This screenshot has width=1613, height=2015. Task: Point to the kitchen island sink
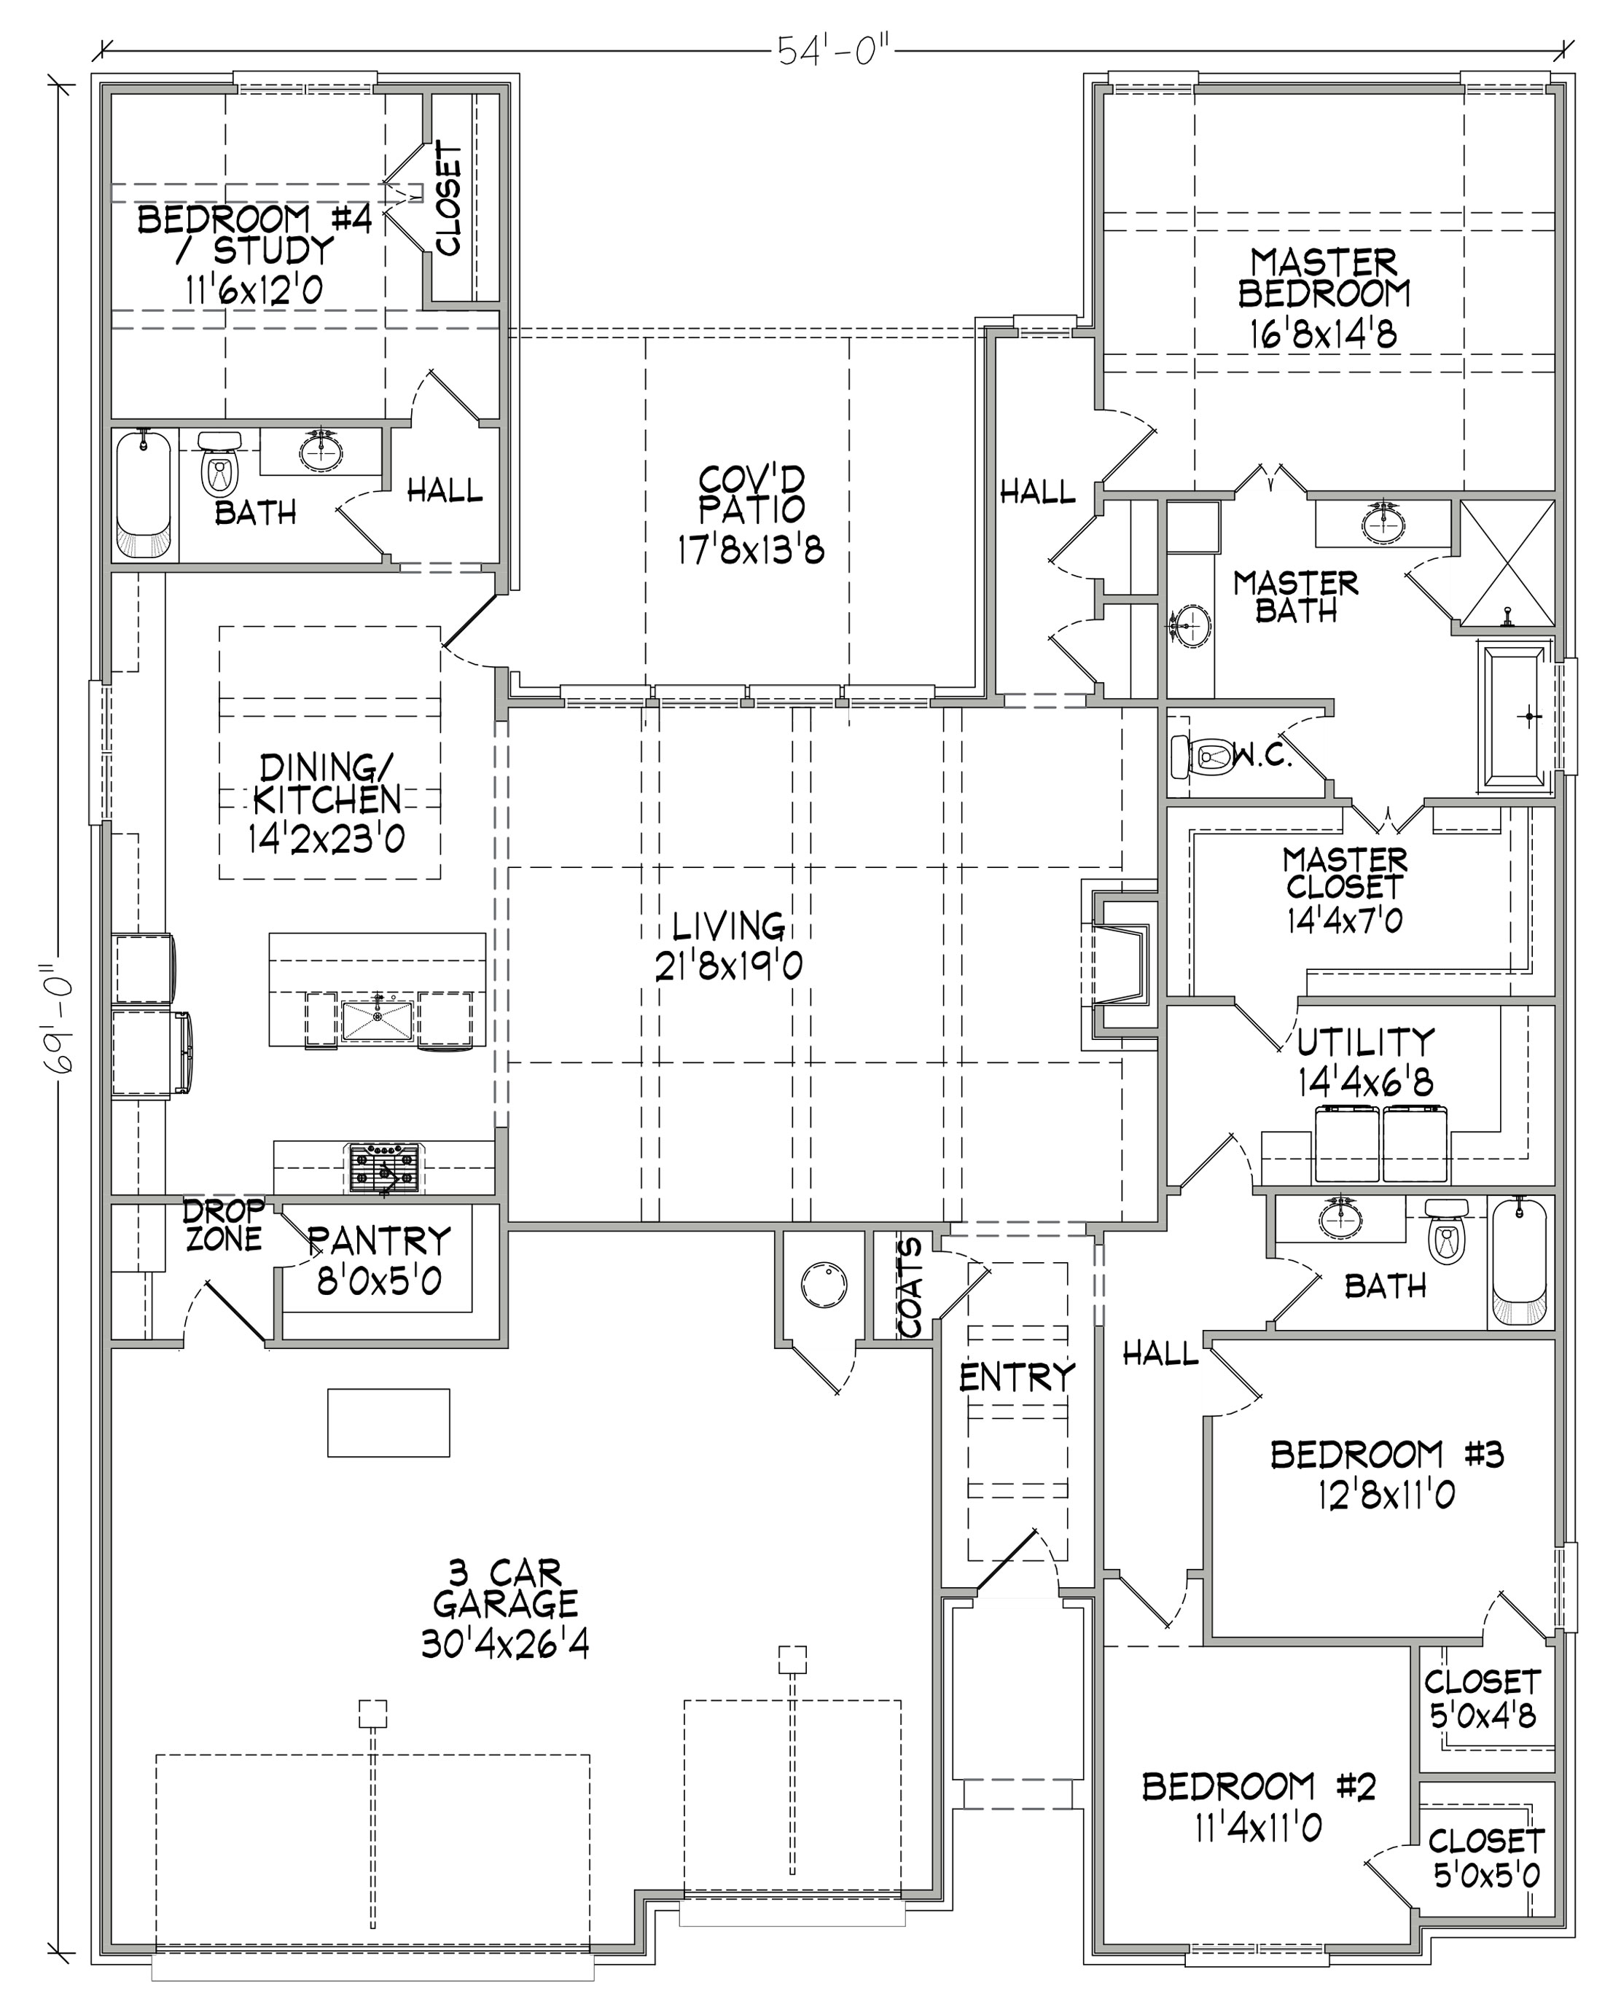pyautogui.click(x=378, y=1020)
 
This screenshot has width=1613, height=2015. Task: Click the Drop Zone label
pyautogui.click(x=222, y=1225)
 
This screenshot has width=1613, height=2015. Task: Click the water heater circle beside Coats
pyautogui.click(x=824, y=1284)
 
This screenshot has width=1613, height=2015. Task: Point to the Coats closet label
pyautogui.click(x=910, y=1287)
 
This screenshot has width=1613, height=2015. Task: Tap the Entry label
pyautogui.click(x=1017, y=1377)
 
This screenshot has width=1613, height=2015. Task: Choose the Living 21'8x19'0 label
pyautogui.click(x=729, y=946)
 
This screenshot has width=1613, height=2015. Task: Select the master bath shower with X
pyautogui.click(x=1507, y=563)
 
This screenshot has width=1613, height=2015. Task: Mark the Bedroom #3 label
pyautogui.click(x=1388, y=1474)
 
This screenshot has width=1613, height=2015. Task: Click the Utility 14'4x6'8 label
pyautogui.click(x=1365, y=1063)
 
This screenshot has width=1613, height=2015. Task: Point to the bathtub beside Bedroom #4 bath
pyautogui.click(x=143, y=493)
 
